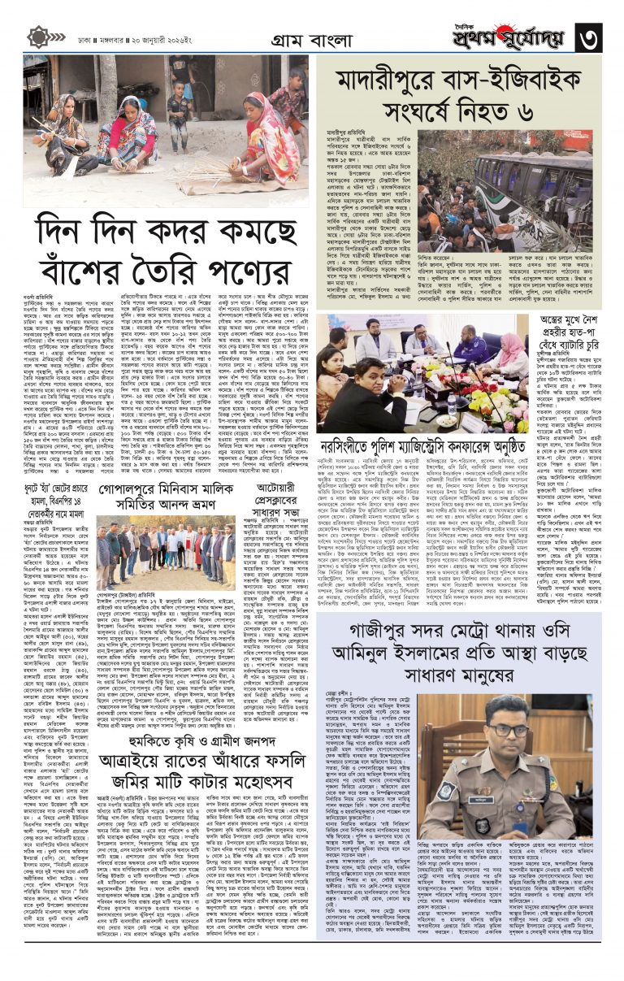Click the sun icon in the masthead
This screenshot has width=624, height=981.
37,37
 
